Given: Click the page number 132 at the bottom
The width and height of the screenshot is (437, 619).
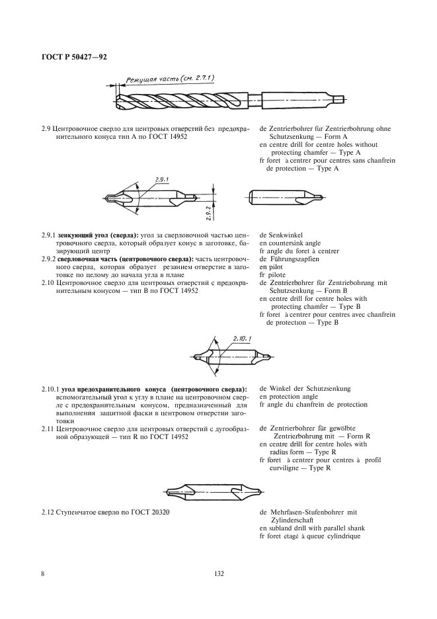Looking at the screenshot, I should coord(219,573).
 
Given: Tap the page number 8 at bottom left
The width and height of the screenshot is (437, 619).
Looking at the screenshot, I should coord(44,573).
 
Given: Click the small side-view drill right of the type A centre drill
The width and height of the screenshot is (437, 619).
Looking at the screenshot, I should coord(287,197).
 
